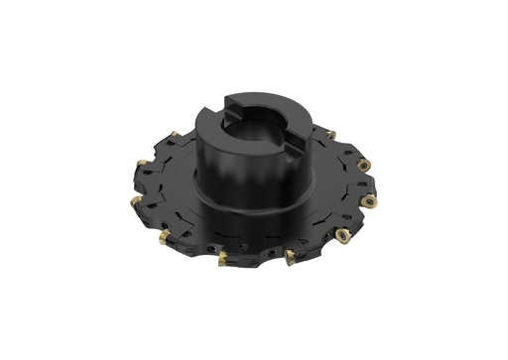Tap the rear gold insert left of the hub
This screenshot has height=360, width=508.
[175, 135]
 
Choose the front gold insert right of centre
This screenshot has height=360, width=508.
[290, 256]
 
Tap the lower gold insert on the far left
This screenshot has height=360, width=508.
[136, 201]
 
